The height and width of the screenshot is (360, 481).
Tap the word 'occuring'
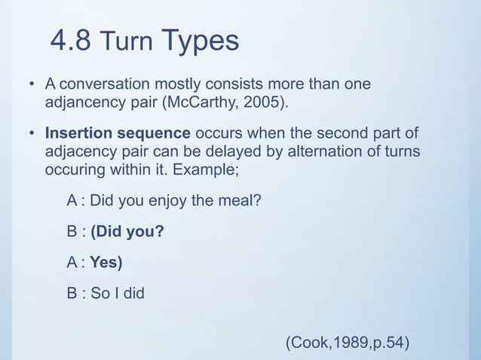[x=74, y=168]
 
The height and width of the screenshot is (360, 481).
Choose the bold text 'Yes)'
[x=106, y=263]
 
